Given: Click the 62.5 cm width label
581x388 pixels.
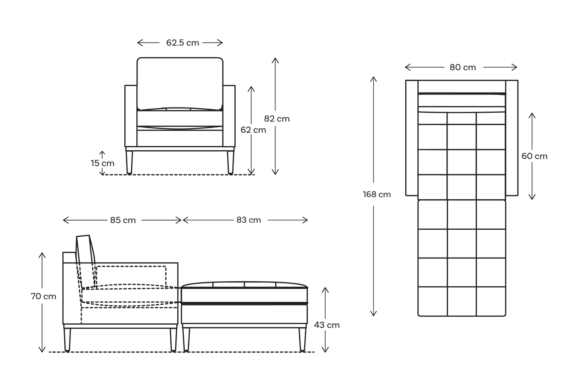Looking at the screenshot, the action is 183,43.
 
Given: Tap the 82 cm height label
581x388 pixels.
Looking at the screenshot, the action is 277,119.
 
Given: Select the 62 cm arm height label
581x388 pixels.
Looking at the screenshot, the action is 253,130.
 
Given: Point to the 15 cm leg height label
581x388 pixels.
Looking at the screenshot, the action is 103,163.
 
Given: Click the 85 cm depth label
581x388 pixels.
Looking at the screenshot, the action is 123,220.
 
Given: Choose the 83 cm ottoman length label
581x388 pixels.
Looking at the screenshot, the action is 248,220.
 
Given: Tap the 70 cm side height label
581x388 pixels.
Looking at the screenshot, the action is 43,296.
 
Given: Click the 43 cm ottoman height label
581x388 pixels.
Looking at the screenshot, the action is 327,325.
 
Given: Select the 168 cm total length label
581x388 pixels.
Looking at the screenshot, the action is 377,194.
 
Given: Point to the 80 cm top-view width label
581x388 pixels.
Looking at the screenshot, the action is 463,68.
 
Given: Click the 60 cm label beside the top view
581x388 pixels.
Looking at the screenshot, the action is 534,156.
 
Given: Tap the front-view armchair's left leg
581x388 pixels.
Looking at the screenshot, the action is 129,162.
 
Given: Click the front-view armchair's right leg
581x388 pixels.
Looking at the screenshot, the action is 230,162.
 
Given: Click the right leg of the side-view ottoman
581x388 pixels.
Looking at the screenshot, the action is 302,339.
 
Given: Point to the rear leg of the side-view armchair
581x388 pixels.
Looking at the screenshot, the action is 67,340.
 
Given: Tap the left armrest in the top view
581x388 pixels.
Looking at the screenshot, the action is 412,138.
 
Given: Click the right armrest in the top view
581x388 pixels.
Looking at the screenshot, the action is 512,138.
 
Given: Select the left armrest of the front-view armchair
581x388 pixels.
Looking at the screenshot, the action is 131,116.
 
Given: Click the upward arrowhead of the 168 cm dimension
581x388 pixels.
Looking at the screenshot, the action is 374,79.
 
